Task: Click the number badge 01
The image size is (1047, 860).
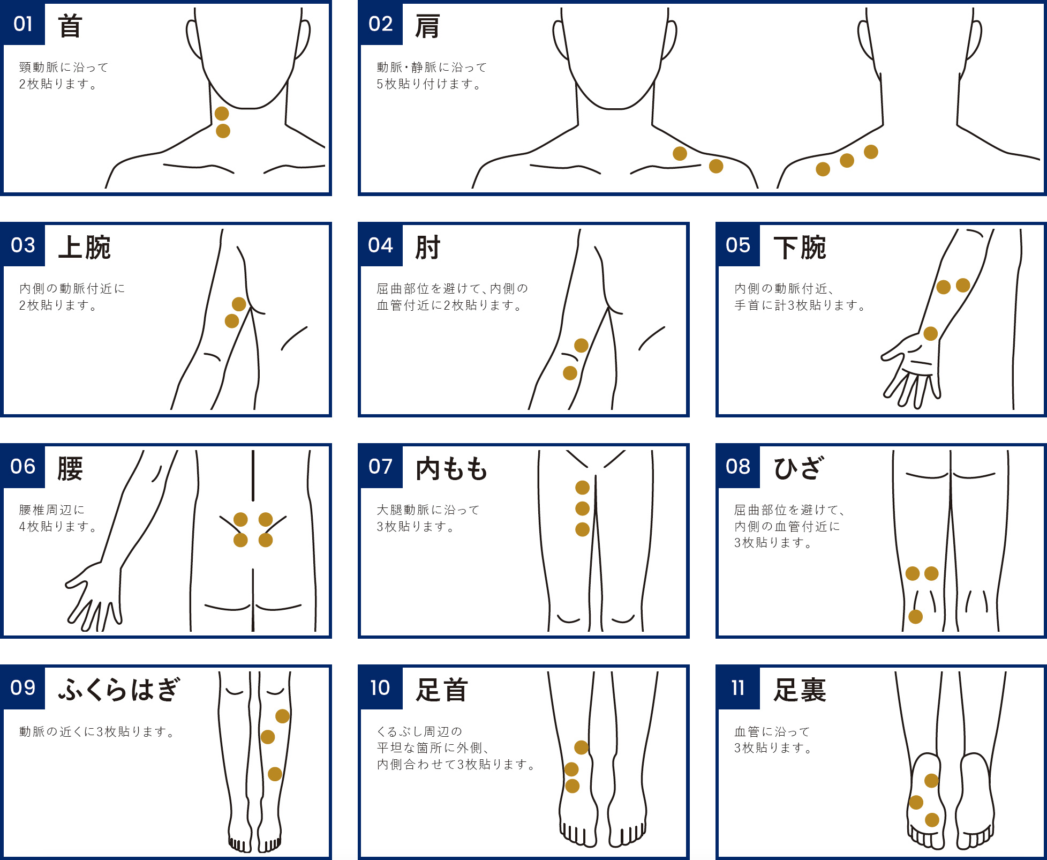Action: (23, 24)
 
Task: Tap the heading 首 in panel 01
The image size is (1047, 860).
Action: (70, 26)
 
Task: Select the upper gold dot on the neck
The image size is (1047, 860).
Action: (222, 114)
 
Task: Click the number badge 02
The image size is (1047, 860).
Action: (381, 24)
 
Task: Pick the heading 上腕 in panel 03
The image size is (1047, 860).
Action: (84, 248)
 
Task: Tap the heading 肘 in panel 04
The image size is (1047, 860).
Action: (428, 248)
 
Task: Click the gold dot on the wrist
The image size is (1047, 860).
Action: (931, 334)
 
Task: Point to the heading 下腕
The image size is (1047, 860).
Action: (800, 248)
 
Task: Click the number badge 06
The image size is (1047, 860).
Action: (23, 466)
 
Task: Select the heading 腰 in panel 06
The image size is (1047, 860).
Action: (70, 469)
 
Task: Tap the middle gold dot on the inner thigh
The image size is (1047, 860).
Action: (582, 508)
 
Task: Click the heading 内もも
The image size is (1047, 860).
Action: (451, 469)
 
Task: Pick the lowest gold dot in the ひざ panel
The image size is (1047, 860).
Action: (916, 617)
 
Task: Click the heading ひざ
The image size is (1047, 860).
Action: (798, 468)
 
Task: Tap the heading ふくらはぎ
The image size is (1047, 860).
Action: (119, 690)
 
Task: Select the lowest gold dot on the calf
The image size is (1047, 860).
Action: (275, 774)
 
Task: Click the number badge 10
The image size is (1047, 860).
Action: (381, 687)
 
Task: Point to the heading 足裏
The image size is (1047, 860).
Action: (800, 690)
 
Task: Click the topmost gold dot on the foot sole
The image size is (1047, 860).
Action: (931, 781)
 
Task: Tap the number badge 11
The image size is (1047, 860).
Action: (739, 687)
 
